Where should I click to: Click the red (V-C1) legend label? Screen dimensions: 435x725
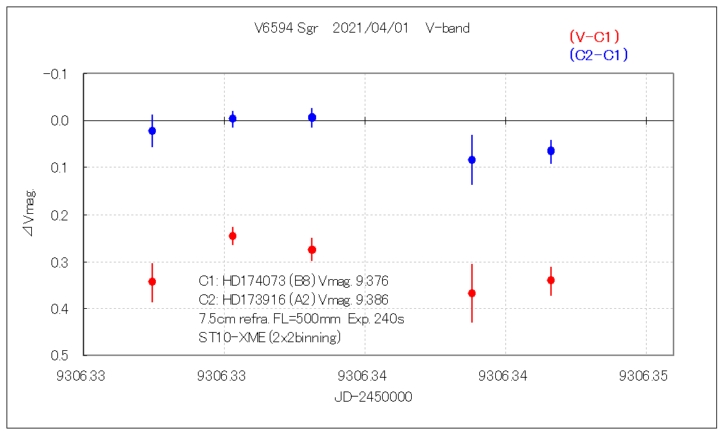594,37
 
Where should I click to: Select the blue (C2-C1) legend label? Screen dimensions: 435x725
598,54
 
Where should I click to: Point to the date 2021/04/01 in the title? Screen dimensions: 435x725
370,28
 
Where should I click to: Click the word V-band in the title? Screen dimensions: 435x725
447,28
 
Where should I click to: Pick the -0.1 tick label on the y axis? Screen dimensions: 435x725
55,74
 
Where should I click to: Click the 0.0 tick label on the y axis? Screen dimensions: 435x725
58,120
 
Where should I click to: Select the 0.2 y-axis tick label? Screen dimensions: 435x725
58,215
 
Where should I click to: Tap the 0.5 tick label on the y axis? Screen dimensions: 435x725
58,355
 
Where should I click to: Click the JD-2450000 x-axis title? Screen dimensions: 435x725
373,397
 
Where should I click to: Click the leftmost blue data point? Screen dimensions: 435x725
152,131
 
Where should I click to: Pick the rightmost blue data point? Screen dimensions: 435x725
551,151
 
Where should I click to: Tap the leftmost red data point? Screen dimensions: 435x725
152,281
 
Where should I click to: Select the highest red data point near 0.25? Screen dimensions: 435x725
233,236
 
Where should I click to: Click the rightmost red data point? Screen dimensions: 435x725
551,280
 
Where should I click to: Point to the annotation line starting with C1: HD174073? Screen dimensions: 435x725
297,281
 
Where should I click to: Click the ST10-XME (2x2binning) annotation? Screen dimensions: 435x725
269,337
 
